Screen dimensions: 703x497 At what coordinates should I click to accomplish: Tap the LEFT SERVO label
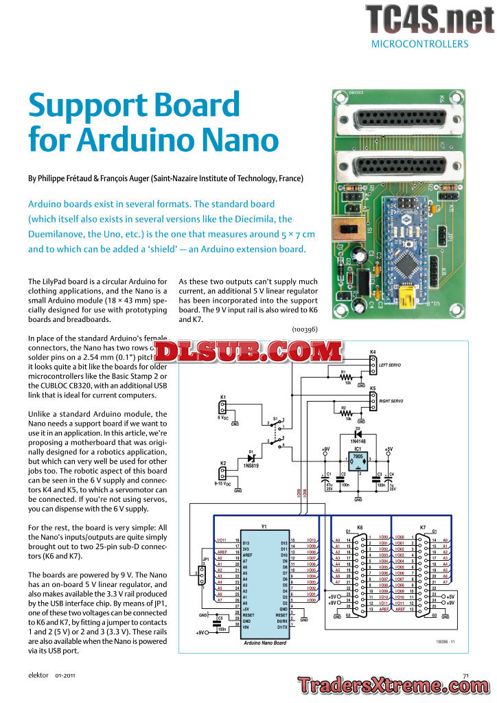click(392, 366)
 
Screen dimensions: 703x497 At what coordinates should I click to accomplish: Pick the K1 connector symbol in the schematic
click(222, 408)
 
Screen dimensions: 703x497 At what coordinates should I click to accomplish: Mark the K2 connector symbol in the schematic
click(222, 474)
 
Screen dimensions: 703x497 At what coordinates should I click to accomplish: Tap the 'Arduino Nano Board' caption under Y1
click(264, 643)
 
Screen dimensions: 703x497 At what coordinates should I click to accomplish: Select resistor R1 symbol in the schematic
click(347, 376)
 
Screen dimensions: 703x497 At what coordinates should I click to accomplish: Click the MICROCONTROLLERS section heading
click(419, 44)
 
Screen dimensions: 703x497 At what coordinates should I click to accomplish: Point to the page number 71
click(465, 676)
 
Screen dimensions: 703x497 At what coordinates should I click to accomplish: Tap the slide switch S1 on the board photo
click(341, 232)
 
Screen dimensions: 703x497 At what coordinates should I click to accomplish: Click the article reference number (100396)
click(301, 330)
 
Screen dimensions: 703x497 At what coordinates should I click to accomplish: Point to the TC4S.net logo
click(429, 19)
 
